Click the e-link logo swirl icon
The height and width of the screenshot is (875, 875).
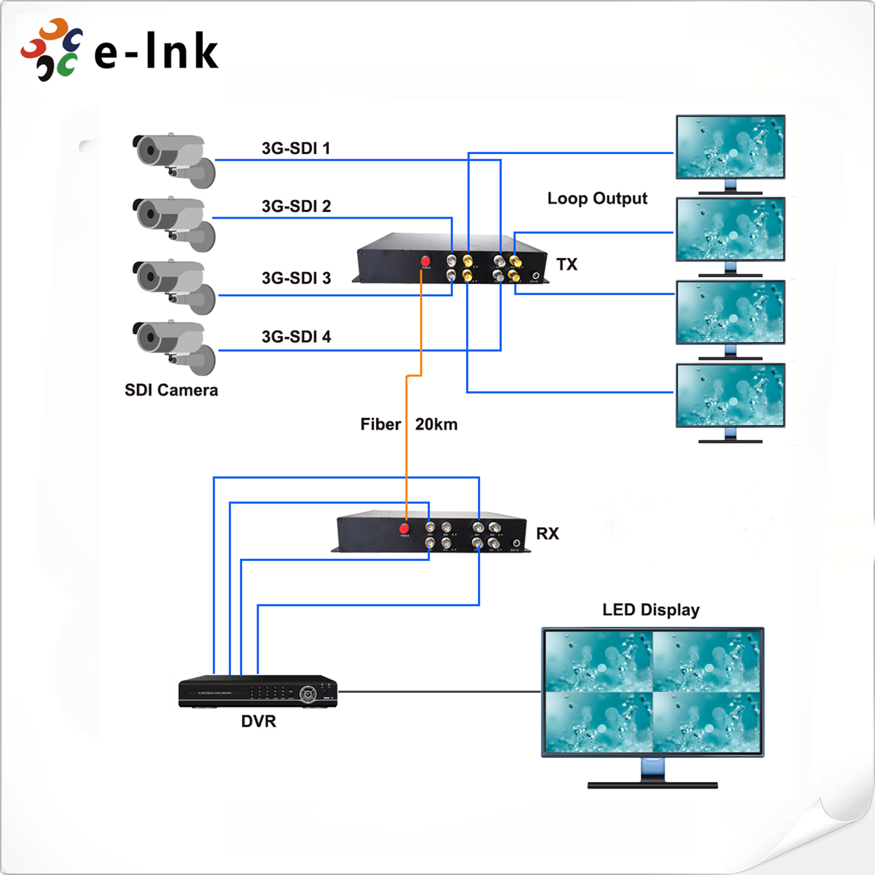click(52, 50)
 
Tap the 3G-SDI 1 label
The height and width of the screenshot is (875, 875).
click(295, 148)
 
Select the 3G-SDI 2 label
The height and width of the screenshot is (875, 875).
click(296, 206)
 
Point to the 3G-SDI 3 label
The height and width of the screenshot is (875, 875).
click(296, 278)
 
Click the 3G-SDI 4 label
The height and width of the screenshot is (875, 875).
click(296, 336)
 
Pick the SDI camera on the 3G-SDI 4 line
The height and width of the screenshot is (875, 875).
click(174, 347)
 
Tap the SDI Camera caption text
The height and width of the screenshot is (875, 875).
click(171, 390)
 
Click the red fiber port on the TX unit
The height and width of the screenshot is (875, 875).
click(425, 261)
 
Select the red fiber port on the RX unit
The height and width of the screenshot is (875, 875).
click(404, 528)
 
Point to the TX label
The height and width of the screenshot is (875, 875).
click(567, 265)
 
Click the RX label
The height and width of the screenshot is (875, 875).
click(547, 534)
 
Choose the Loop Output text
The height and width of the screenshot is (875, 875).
click(597, 198)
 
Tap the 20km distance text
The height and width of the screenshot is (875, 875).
click(436, 424)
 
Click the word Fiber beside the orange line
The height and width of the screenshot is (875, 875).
click(380, 424)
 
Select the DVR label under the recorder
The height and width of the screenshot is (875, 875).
click(259, 721)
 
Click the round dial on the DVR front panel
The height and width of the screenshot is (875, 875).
click(308, 694)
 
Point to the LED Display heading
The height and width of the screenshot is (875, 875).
click(651, 610)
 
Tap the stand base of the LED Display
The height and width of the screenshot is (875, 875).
click(652, 785)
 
